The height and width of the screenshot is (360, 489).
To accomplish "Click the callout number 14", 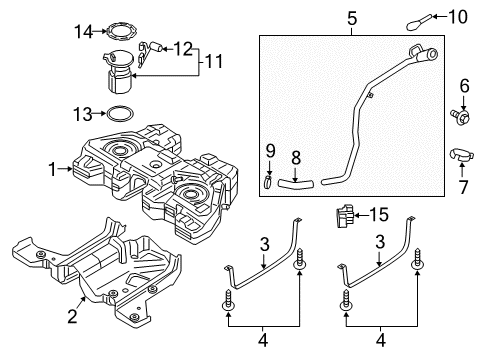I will click(83, 32).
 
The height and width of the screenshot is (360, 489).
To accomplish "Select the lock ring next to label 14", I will click(120, 32).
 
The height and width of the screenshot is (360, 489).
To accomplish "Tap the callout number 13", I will click(83, 113).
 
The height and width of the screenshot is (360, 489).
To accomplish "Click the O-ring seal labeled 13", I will click(120, 113).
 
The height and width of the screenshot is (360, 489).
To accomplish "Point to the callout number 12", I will click(185, 47).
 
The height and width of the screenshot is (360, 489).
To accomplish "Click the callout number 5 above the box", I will click(351, 18).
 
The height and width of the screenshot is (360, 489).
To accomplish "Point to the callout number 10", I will click(460, 16).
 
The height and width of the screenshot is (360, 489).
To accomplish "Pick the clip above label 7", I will click(462, 155).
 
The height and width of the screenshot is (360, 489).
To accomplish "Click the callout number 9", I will click(267, 150).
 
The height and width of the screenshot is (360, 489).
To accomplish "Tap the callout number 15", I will click(378, 215).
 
